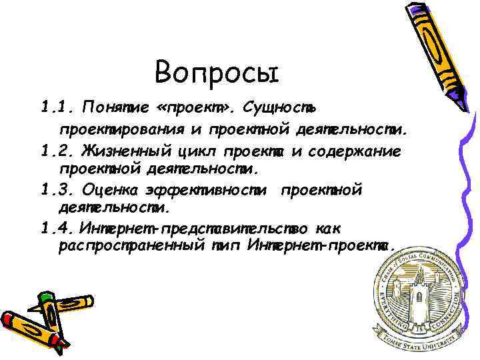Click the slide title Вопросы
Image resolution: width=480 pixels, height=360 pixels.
tap(215, 73)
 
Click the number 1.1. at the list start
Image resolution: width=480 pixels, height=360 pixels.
tap(58, 107)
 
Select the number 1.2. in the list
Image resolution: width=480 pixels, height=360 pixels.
tap(58, 152)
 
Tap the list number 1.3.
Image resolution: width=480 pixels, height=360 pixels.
tap(58, 191)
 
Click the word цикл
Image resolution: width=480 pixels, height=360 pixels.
tap(199, 152)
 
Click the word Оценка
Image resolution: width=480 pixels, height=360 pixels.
tap(111, 191)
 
